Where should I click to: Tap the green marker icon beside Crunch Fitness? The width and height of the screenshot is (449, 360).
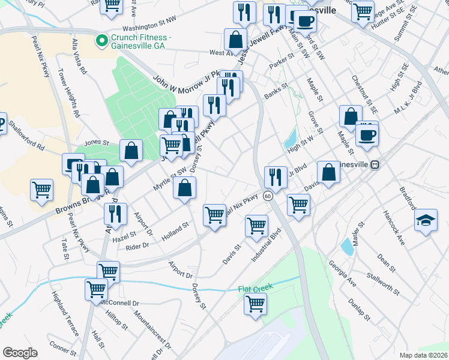pyautogui.click(x=101, y=41)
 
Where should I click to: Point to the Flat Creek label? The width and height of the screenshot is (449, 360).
pyautogui.click(x=255, y=289)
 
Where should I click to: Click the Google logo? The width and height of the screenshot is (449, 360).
pyautogui.click(x=20, y=353)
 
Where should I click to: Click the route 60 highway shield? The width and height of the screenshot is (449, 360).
pyautogui.click(x=268, y=196)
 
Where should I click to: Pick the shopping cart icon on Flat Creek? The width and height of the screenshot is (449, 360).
pyautogui.click(x=256, y=304)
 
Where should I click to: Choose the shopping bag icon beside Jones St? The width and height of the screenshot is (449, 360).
pyautogui.click(x=131, y=152)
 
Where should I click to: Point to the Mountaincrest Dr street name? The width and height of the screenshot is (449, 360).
pyautogui.click(x=152, y=329)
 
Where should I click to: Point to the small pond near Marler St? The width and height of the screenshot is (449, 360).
pyautogui.click(x=346, y=246)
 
